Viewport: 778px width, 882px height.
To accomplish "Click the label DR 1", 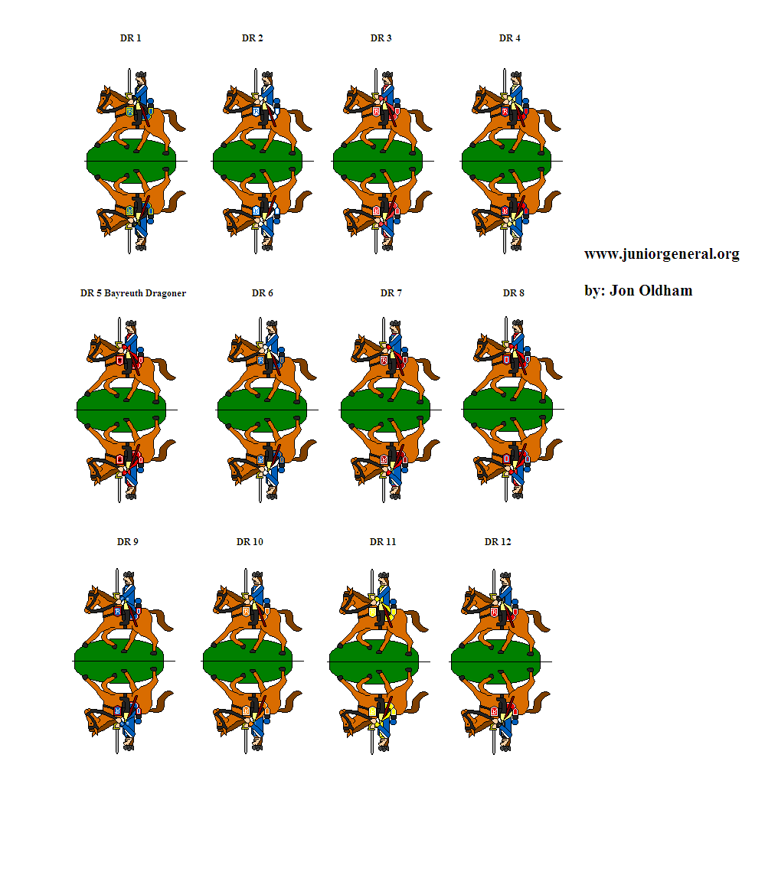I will tap(130, 38).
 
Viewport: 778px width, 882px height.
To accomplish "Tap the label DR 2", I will tap(253, 38).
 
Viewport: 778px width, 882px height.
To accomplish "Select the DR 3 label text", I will tap(381, 38).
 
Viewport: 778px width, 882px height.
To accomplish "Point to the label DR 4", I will tap(510, 38).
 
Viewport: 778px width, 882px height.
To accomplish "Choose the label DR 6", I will tap(262, 293).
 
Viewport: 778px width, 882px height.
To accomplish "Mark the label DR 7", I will tap(391, 293).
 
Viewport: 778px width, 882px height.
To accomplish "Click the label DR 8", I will tap(513, 293).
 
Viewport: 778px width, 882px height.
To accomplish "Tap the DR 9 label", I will tap(127, 542).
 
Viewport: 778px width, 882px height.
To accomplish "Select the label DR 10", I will tap(250, 542).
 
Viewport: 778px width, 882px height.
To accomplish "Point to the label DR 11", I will tap(383, 542).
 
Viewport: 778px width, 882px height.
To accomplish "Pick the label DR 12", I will tap(498, 542).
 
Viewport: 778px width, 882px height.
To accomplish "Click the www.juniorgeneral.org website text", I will tap(662, 254).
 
